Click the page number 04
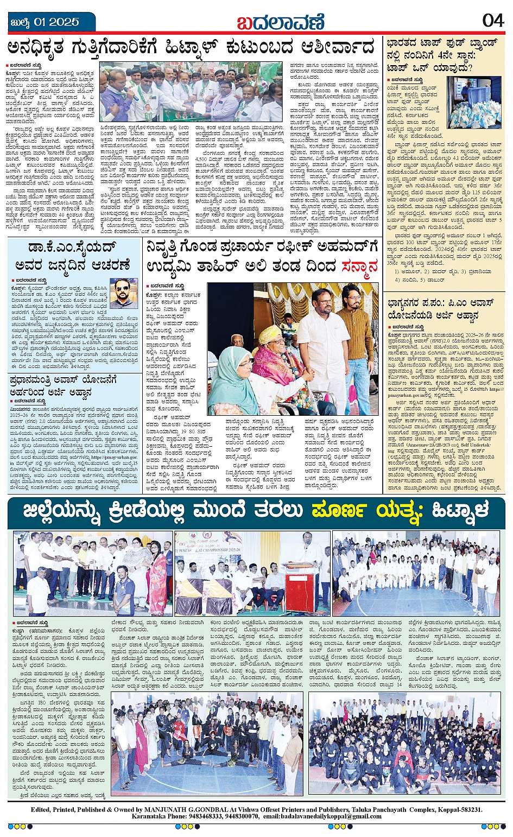pos(492,21)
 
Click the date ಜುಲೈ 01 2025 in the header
pos(45,22)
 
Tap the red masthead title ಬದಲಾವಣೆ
pos(281,21)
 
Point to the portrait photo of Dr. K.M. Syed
pos(124,293)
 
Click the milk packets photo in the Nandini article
pos(478,103)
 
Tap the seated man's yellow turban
pos(270,334)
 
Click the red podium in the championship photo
pos(299,589)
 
